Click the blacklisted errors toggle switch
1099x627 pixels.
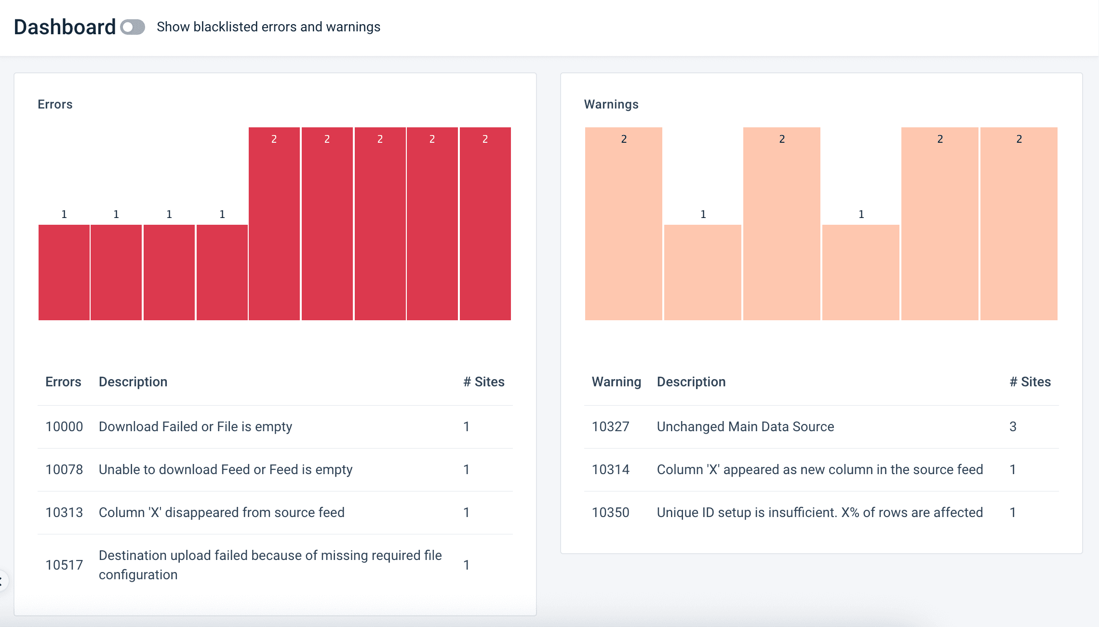point(133,27)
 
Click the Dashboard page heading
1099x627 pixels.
point(65,27)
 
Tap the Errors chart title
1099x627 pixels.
point(55,104)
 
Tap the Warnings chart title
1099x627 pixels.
point(611,104)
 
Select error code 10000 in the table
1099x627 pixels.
point(64,426)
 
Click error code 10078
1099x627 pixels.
point(64,469)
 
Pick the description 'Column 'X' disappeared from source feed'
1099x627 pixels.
point(222,512)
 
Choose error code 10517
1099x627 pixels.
point(64,565)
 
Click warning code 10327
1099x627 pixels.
point(610,426)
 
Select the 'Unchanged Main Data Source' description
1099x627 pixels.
point(745,426)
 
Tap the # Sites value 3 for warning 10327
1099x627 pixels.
point(1013,426)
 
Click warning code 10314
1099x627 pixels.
point(610,469)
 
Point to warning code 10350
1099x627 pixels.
point(610,512)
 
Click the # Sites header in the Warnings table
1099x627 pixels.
point(1030,382)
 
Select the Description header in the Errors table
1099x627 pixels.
point(133,382)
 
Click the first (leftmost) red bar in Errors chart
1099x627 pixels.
point(64,273)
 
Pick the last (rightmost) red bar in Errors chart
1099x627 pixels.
point(485,224)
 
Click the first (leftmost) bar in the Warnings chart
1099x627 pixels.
point(624,224)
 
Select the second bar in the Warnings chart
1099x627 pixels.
point(703,273)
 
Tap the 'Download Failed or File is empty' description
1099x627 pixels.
point(195,426)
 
